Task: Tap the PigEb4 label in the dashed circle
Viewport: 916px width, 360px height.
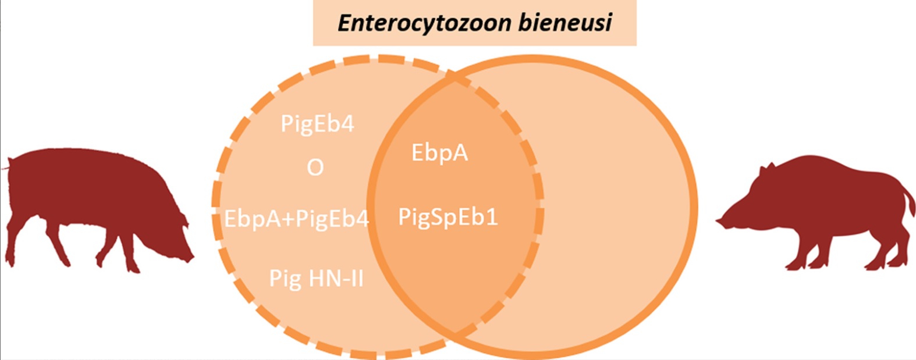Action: click(x=317, y=124)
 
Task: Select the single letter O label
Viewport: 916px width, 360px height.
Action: click(x=315, y=168)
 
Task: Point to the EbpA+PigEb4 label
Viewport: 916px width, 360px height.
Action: click(x=296, y=219)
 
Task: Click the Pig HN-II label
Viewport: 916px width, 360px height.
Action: click(x=316, y=279)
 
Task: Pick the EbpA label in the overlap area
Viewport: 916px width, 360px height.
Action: click(x=439, y=153)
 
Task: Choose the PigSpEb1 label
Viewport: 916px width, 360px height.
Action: click(x=448, y=218)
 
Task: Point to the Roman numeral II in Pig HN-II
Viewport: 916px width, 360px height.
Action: click(x=354, y=279)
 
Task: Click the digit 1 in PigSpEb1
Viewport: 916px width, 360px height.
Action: click(x=492, y=218)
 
